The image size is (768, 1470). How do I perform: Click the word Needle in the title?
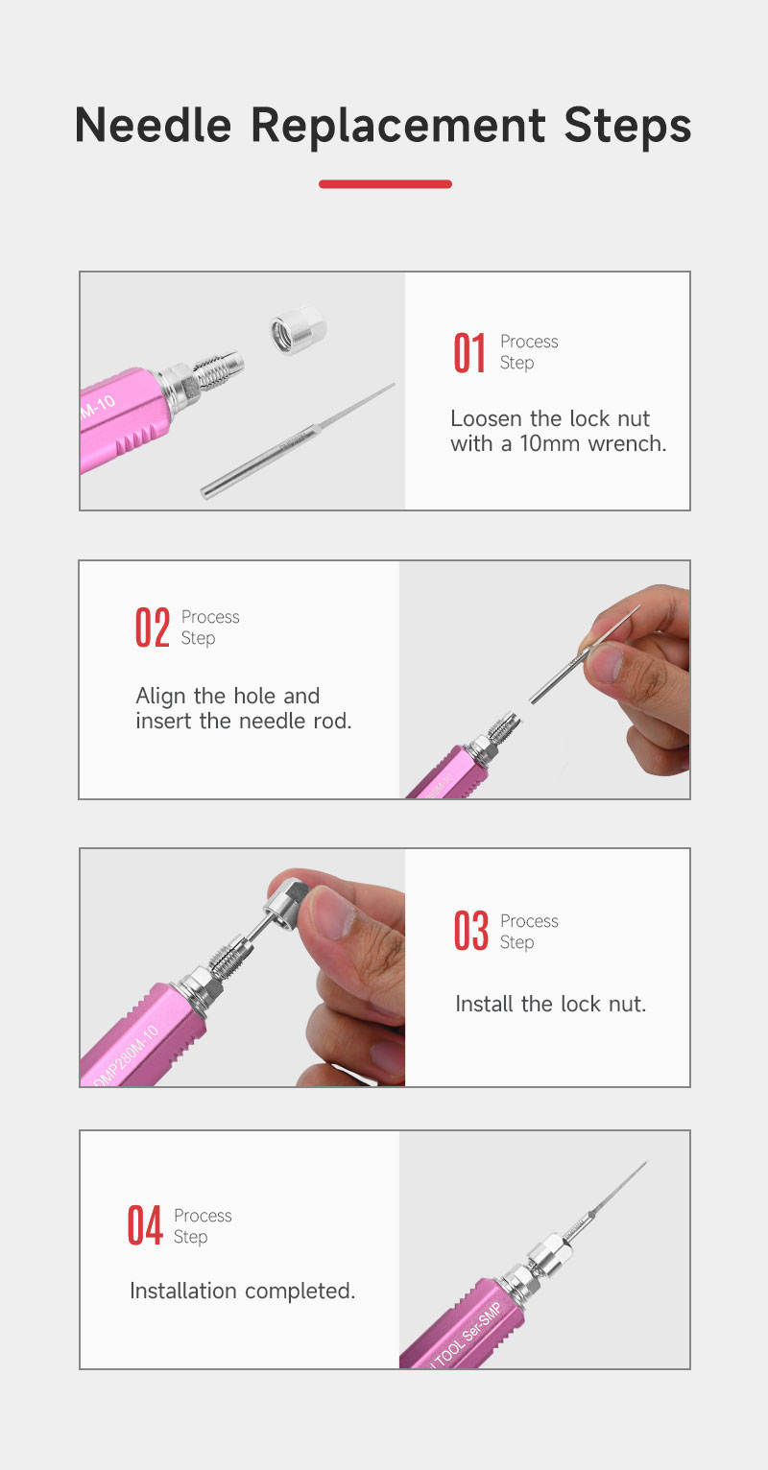coord(153,125)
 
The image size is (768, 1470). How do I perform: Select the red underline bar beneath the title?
coord(385,184)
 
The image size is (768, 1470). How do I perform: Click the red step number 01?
coord(469,353)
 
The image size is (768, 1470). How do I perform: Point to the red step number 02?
coord(153,628)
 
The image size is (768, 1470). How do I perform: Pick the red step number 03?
coord(471,931)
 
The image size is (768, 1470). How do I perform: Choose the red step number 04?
coord(145,1225)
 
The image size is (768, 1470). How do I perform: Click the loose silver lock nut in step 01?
coord(298,328)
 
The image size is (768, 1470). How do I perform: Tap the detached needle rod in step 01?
coord(298,441)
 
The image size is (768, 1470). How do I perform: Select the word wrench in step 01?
coord(628,443)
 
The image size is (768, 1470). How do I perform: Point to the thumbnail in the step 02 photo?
coord(606,663)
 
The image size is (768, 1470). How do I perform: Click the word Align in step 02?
coord(161,697)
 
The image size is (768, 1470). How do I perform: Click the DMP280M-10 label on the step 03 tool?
coord(126,1055)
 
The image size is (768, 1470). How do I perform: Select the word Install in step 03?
coord(485,1004)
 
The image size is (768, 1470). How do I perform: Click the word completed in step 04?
coord(300,1292)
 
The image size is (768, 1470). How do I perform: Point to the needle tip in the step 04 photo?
coord(646,1163)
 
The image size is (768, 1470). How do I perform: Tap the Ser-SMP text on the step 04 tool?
coord(482,1321)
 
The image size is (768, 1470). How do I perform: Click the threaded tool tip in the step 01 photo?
coord(219,370)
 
